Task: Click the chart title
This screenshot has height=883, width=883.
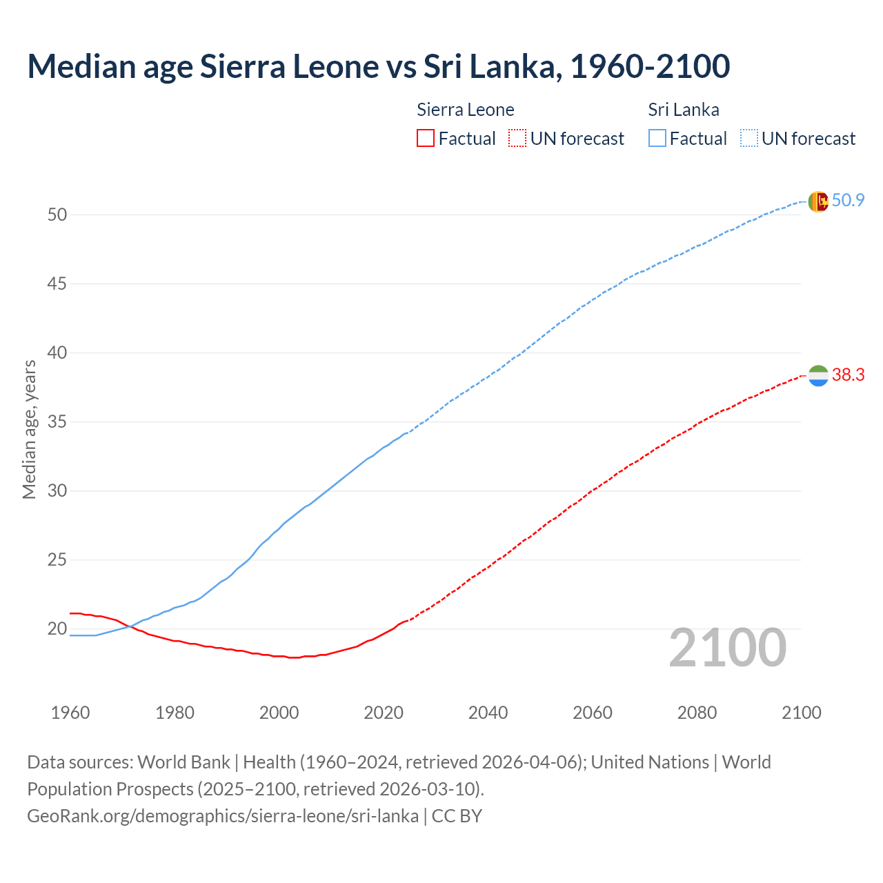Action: pyautogui.click(x=378, y=66)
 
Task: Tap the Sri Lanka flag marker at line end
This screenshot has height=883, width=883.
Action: pyautogui.click(x=818, y=201)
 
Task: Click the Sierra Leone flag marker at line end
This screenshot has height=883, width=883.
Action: pyautogui.click(x=818, y=376)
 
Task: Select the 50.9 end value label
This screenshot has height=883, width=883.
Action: pyautogui.click(x=848, y=201)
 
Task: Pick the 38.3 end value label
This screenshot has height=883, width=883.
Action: pyautogui.click(x=848, y=375)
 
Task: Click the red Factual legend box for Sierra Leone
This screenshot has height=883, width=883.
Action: pyautogui.click(x=426, y=139)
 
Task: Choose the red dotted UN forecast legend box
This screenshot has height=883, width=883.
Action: pyautogui.click(x=517, y=139)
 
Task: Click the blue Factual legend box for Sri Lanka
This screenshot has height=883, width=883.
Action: pyautogui.click(x=657, y=139)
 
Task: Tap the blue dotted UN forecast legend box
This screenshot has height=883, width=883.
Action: pyautogui.click(x=748, y=139)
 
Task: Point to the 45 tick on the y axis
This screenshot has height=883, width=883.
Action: pyautogui.click(x=57, y=284)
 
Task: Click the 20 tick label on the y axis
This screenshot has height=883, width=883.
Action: pyautogui.click(x=57, y=628)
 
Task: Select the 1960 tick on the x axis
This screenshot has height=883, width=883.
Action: pyautogui.click(x=70, y=713)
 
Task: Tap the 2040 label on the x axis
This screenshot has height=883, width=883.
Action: pyautogui.click(x=488, y=713)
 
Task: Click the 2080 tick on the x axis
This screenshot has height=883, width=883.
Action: pyautogui.click(x=697, y=713)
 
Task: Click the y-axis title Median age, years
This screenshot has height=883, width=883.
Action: pyautogui.click(x=29, y=429)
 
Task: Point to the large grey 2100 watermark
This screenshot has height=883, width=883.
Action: pyautogui.click(x=727, y=647)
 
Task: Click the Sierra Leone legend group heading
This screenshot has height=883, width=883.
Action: pyautogui.click(x=466, y=110)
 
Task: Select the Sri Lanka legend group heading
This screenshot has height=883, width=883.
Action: pyautogui.click(x=684, y=110)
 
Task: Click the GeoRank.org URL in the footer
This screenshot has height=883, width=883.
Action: pyautogui.click(x=223, y=816)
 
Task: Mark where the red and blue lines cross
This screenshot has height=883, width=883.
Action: pyautogui.click(x=130, y=626)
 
